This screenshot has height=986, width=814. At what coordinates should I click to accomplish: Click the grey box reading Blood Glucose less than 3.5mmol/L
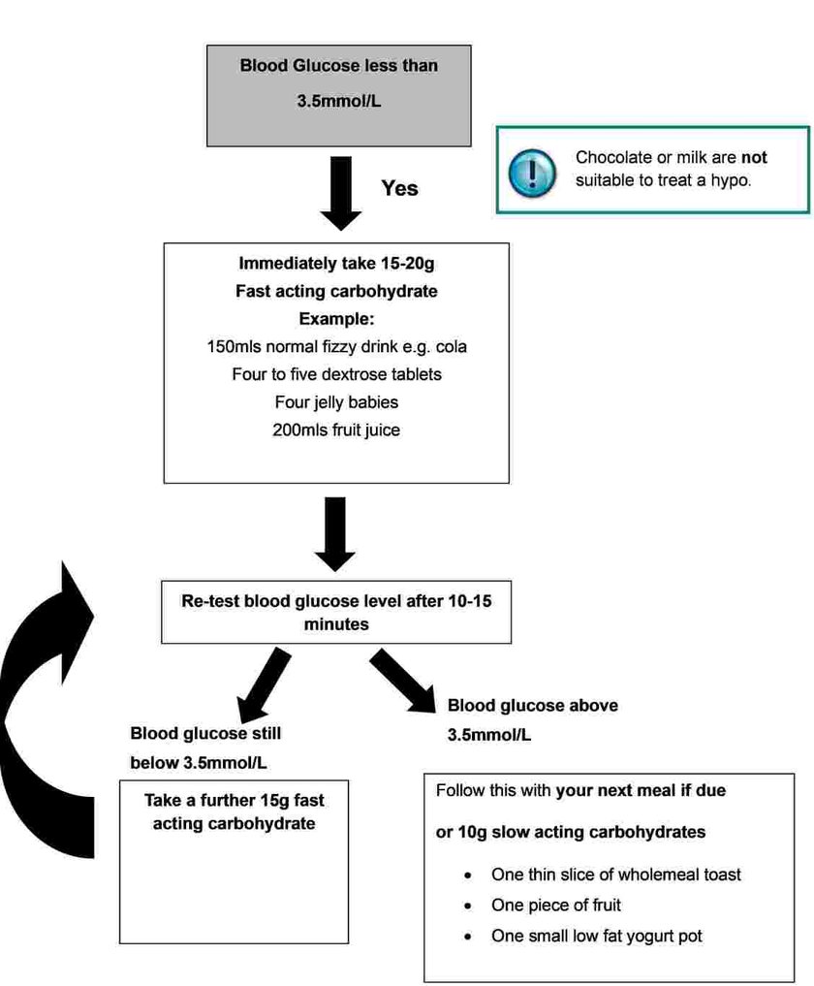point(339,95)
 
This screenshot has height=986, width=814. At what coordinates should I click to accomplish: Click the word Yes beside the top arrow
point(399,188)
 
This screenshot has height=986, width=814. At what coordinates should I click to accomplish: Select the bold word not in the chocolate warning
point(754,157)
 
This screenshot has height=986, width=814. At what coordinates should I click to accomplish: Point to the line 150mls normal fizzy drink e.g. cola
point(336,346)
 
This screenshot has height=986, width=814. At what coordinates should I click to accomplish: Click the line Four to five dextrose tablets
point(336,374)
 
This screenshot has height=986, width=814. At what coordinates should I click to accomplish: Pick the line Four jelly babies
point(336,401)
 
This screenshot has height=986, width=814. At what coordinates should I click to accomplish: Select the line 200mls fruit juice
point(336,429)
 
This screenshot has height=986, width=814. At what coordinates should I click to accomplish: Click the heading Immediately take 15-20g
point(336,264)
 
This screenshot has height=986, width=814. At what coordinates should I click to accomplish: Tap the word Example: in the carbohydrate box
point(336,319)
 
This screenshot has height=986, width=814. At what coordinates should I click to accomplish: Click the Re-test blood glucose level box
point(336,613)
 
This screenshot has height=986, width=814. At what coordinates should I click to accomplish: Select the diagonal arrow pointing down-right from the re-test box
point(405,684)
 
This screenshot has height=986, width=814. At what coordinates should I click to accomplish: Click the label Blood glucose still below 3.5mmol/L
point(205,747)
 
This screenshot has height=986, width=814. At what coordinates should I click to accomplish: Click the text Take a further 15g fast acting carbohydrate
point(234,812)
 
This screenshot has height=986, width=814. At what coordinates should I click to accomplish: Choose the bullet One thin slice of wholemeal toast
point(615,875)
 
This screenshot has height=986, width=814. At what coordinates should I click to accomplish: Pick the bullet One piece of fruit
point(555,906)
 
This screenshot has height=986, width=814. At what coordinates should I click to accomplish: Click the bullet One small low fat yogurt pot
point(596,937)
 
